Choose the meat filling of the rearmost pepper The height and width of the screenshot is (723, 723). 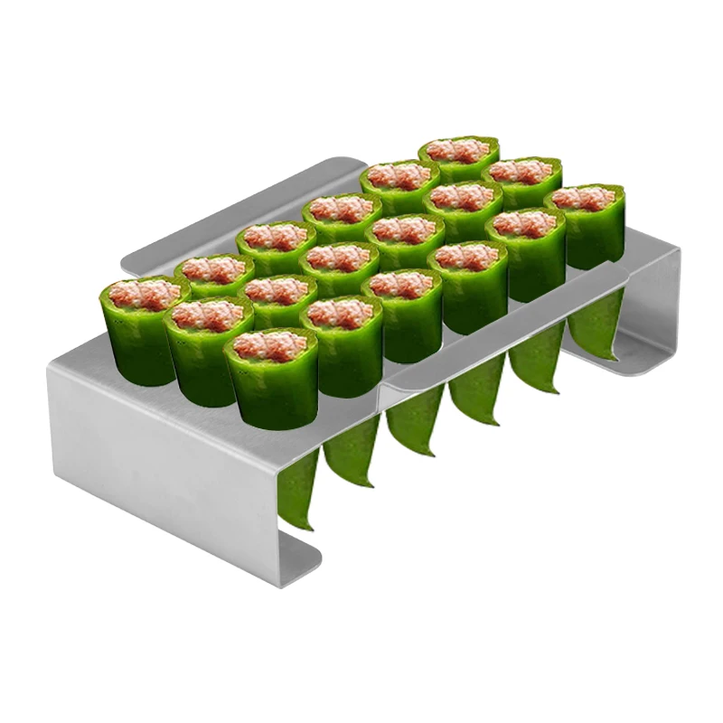pos(459,150)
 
